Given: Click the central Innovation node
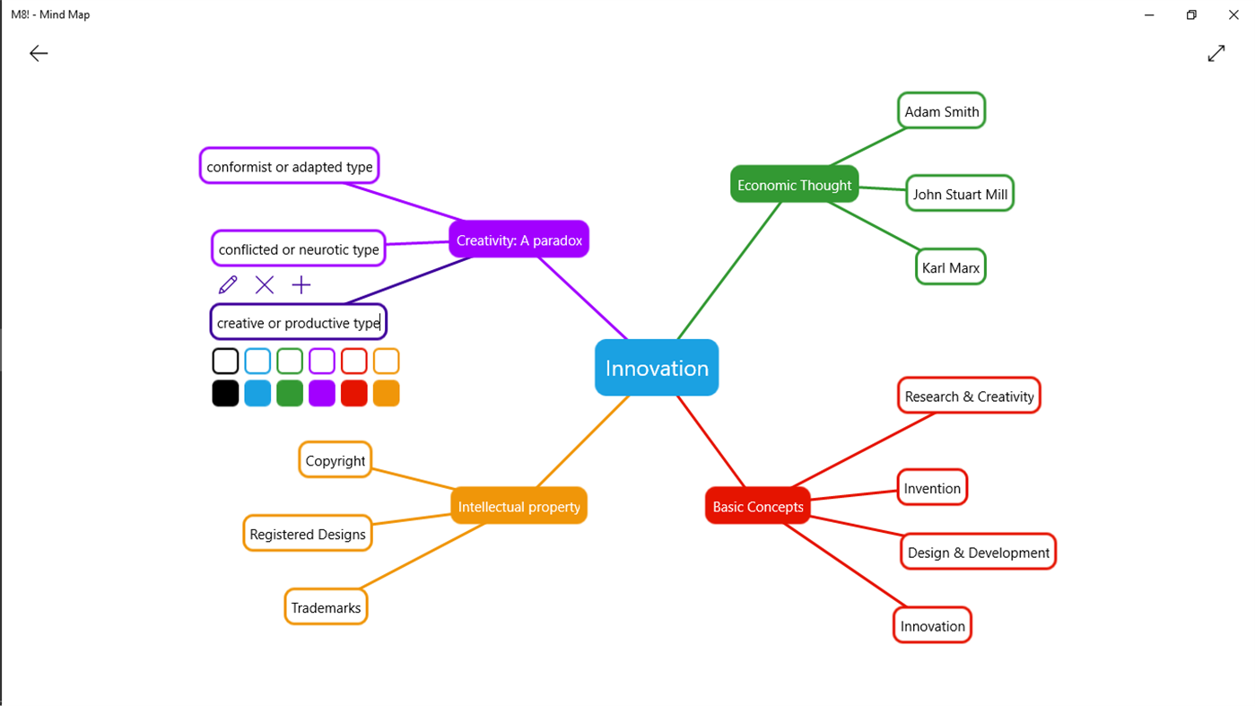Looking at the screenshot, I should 657,368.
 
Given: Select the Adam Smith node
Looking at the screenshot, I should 941,111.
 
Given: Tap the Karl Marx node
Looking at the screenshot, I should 951,267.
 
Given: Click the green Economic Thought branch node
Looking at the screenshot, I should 794,185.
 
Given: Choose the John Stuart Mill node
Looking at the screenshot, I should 959,194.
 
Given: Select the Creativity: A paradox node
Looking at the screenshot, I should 519,240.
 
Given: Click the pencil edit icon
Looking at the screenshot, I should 228,285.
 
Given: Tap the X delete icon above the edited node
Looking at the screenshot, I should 265,285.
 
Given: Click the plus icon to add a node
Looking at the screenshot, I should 301,285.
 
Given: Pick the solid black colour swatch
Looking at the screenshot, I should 225,394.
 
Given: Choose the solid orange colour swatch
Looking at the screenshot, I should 386,394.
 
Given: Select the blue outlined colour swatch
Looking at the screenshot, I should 257,361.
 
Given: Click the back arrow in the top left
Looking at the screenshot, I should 39,54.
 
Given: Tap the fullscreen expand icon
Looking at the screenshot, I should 1216,54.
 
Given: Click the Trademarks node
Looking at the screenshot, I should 326,607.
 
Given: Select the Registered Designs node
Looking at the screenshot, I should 307,534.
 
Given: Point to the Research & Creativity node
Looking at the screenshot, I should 969,397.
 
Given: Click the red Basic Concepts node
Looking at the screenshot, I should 758,507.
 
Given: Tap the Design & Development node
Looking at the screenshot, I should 978,553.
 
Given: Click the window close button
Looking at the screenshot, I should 1233,14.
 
